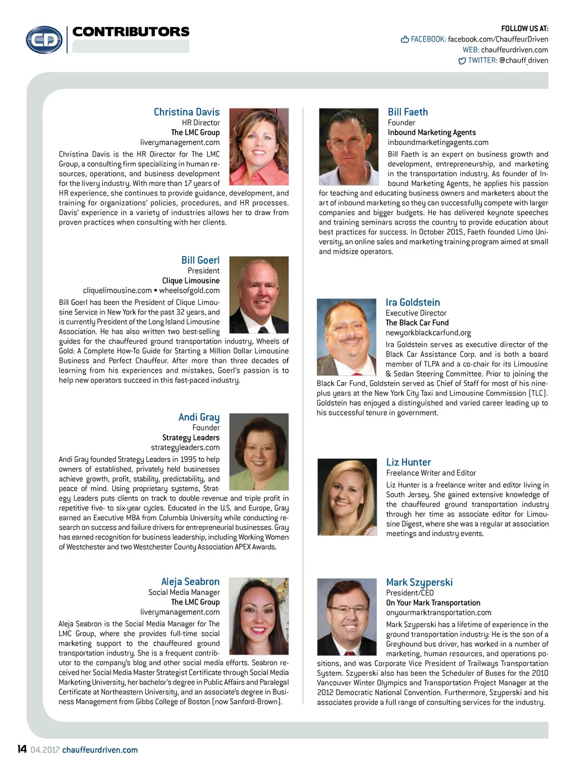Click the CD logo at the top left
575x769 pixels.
[44, 40]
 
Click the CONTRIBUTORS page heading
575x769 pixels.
[131, 32]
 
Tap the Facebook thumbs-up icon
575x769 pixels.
[405, 39]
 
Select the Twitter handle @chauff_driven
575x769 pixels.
[523, 61]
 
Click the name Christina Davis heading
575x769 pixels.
[186, 112]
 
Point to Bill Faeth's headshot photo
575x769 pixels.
[349, 147]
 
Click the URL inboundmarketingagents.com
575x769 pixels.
[438, 143]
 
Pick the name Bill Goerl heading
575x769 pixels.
[200, 260]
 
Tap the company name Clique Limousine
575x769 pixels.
[191, 281]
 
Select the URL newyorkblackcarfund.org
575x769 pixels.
[428, 333]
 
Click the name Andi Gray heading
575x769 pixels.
[199, 417]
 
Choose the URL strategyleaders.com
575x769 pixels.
[185, 447]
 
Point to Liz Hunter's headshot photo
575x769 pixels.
[347, 497]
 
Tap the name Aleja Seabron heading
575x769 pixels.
[190, 582]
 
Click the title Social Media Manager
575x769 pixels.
[184, 592]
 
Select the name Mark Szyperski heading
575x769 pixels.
[419, 583]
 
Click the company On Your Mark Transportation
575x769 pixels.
[433, 603]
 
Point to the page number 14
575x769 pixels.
[22, 749]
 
